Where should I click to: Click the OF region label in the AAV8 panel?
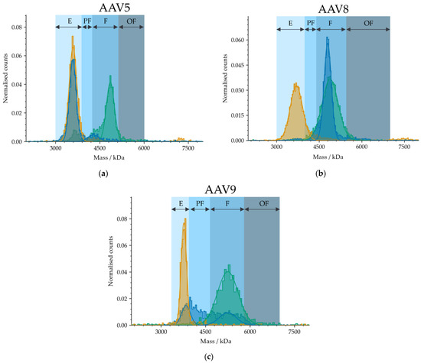(368, 23)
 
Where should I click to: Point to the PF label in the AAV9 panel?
(200, 204)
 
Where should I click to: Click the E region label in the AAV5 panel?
(68, 21)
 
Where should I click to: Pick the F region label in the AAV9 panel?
(227, 204)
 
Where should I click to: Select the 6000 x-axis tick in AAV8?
(364, 148)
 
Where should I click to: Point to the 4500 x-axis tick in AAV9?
(205, 332)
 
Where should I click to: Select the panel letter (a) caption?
(102, 174)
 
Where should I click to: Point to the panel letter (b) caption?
(322, 174)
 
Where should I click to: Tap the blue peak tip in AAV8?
(328, 39)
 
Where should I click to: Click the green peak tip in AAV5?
(110, 76)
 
